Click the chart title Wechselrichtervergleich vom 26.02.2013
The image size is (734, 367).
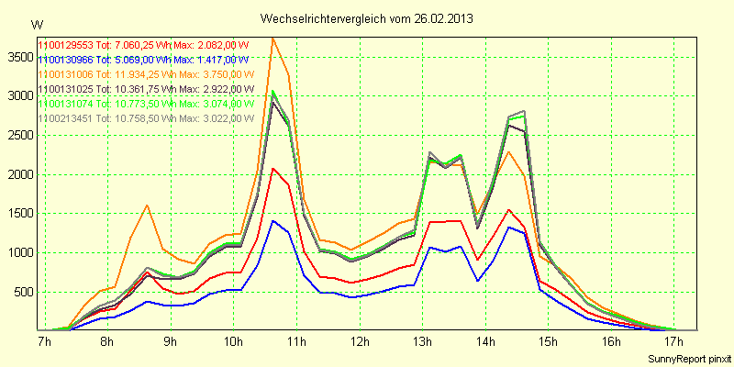pyautogui.click(x=367, y=18)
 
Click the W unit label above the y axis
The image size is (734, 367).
pyautogui.click(x=36, y=24)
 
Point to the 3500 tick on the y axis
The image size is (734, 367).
pyautogui.click(x=17, y=57)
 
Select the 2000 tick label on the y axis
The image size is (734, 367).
pyautogui.click(x=17, y=174)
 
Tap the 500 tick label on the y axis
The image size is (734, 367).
pyautogui.click(x=21, y=293)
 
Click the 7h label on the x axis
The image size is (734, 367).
pyautogui.click(x=43, y=342)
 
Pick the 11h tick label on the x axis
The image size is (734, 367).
pyautogui.click(x=296, y=342)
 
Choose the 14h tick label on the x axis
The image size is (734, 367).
pyautogui.click(x=485, y=342)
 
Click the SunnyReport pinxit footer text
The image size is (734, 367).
pyautogui.click(x=689, y=358)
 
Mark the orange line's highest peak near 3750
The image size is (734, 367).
pyautogui.click(x=272, y=38)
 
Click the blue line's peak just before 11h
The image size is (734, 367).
pyautogui.click(x=272, y=220)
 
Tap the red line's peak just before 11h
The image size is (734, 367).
pyautogui.click(x=272, y=168)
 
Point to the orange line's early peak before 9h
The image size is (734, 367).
pyautogui.click(x=147, y=206)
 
